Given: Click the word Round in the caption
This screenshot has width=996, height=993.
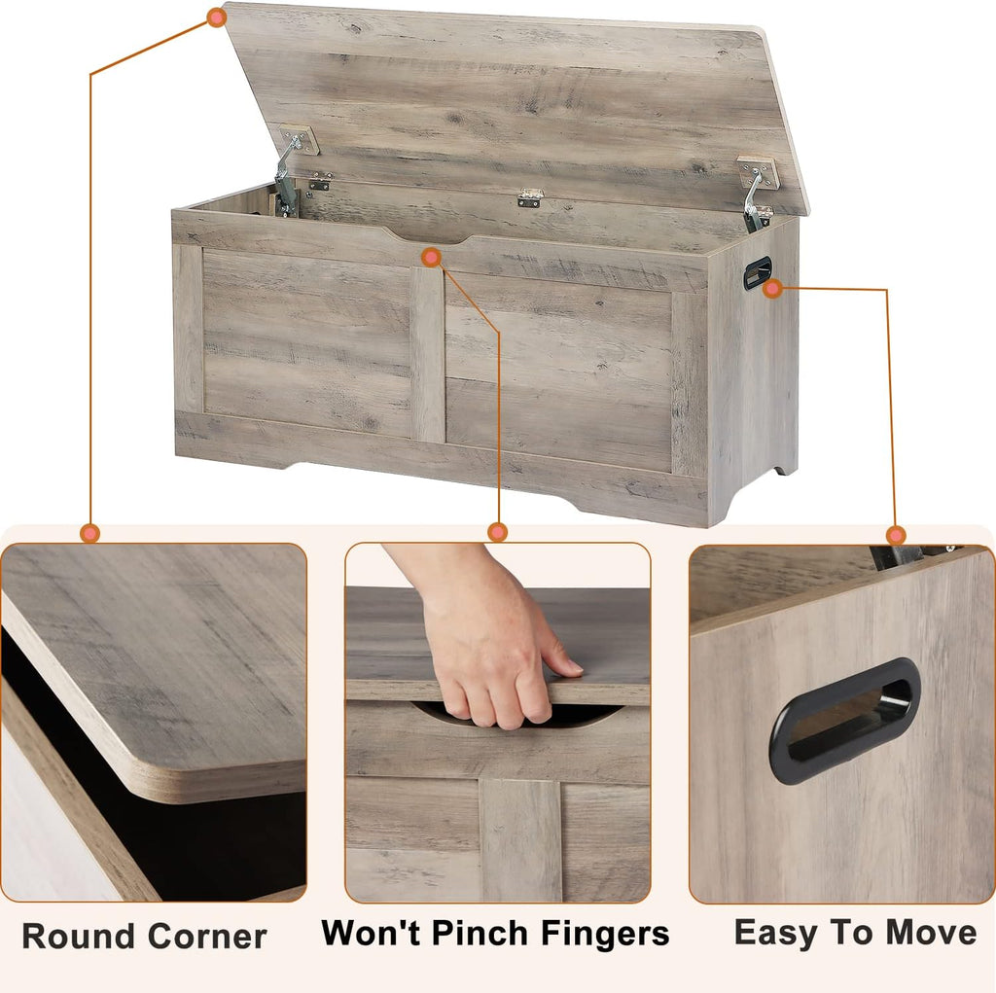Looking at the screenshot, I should (x=79, y=937).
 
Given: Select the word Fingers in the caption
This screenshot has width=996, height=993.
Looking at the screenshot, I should (x=607, y=934).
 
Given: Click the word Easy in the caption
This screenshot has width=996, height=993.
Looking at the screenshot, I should (x=775, y=932).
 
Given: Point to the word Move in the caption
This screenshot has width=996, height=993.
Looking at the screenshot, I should (x=928, y=932).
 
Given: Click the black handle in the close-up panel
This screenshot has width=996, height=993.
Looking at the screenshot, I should (x=844, y=720).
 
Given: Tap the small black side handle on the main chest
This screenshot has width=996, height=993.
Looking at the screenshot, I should (x=758, y=272).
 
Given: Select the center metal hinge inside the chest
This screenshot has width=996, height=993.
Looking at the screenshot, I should (x=530, y=198).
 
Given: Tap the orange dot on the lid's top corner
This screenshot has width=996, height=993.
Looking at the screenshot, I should (x=216, y=17).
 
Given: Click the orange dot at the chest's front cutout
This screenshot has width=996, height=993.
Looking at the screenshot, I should (x=432, y=257).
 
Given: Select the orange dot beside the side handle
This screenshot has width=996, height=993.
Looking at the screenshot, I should (x=773, y=288).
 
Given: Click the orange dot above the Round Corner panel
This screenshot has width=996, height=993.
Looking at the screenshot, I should (x=90, y=533).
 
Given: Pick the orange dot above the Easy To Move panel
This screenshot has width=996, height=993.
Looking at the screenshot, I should (x=896, y=535).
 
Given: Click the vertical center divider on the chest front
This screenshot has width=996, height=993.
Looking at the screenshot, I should (x=427, y=355).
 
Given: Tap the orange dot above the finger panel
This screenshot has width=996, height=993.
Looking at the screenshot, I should (x=498, y=532).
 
